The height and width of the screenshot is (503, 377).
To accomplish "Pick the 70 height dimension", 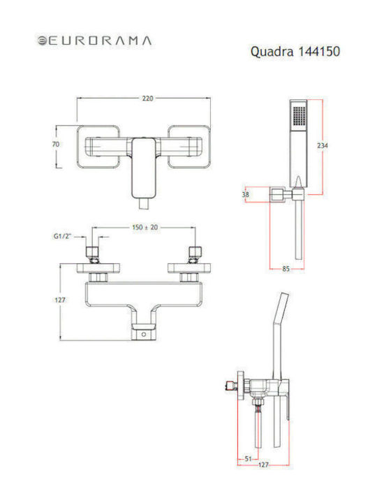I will coord(56,145).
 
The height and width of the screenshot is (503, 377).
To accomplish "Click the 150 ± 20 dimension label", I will coord(145,227).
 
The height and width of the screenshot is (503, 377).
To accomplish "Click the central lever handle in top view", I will coord(145,168).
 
